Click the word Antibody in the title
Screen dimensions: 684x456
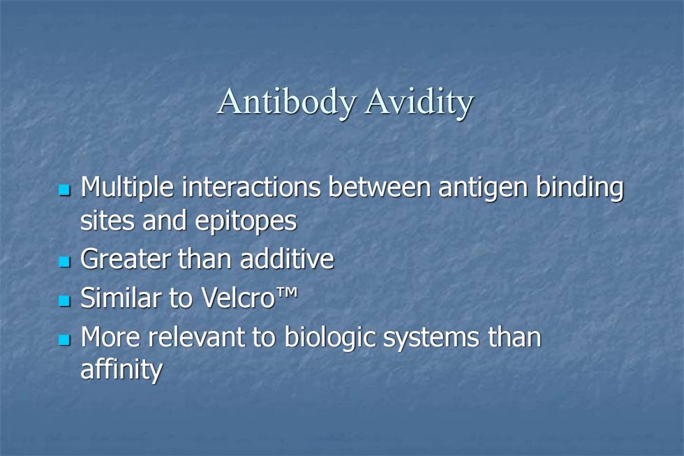coord(287,103)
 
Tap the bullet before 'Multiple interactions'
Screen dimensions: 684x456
coord(64,189)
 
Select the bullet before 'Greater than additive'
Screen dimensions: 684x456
coord(64,261)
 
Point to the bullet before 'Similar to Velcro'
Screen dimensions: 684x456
coord(64,300)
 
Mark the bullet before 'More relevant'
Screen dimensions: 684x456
coord(64,339)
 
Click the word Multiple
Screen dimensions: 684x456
coord(128,189)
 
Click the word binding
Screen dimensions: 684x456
coord(580,189)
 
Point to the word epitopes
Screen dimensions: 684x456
coord(246,221)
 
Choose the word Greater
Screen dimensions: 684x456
coord(126,259)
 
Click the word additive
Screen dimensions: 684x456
coord(287,259)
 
